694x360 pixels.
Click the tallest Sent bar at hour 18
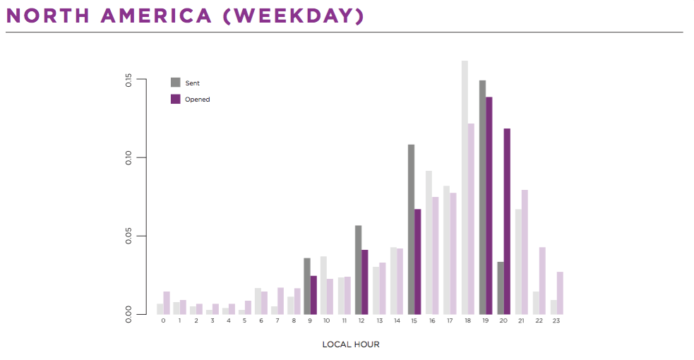coord(465,188)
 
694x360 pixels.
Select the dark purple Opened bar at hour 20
coord(507,222)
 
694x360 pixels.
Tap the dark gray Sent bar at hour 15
coord(411,229)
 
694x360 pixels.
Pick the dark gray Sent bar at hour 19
coord(482,197)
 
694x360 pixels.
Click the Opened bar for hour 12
coord(365,282)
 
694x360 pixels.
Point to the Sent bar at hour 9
coord(307,286)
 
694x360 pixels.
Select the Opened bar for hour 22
coord(542,281)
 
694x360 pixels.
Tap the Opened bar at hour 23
coord(560,293)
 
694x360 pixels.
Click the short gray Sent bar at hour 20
coord(500,288)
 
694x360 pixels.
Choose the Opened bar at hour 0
coord(167,303)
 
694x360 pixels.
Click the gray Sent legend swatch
coord(176,83)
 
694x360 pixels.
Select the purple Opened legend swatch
coord(176,99)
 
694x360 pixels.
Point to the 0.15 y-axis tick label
coord(128,80)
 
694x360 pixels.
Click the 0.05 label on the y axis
coord(128,236)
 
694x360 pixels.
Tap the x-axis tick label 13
coord(379,320)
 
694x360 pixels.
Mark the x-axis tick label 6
coord(261,320)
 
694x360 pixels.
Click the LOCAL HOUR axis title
coord(351,344)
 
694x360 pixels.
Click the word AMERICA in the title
coord(156,16)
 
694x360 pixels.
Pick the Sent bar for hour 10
coord(323,285)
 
